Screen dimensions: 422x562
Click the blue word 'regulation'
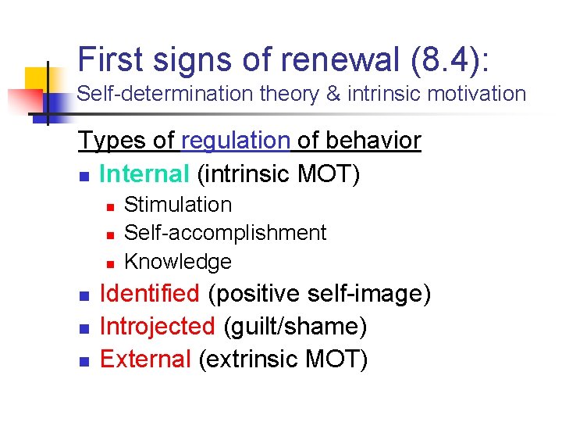pos(236,141)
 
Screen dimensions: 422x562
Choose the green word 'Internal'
pos(144,173)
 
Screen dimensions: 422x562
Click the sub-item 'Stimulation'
pos(178,205)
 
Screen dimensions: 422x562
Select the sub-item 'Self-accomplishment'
pos(225,233)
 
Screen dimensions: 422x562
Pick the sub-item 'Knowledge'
pos(178,261)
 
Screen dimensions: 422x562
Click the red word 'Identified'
pos(150,294)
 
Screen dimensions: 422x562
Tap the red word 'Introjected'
pos(158,326)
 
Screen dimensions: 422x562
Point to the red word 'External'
pos(145,359)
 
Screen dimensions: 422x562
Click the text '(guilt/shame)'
pos(295,326)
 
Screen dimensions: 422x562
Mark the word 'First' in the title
pos(108,59)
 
